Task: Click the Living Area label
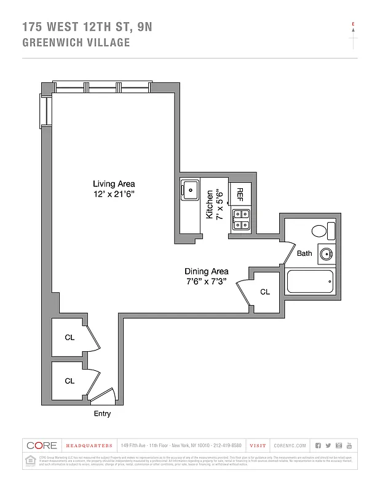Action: tap(114, 184)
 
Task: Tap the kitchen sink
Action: tap(191, 190)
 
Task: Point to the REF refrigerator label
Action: tap(240, 194)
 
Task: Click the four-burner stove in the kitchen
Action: tap(242, 219)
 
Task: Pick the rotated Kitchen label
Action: tap(210, 205)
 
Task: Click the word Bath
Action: tap(304, 253)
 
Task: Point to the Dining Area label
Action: tap(207, 271)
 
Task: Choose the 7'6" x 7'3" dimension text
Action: tap(207, 282)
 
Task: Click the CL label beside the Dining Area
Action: tap(265, 292)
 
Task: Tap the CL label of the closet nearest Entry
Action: tap(69, 381)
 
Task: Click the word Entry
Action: tap(102, 414)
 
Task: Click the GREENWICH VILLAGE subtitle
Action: tap(76, 42)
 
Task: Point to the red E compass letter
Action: tap(353, 25)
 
